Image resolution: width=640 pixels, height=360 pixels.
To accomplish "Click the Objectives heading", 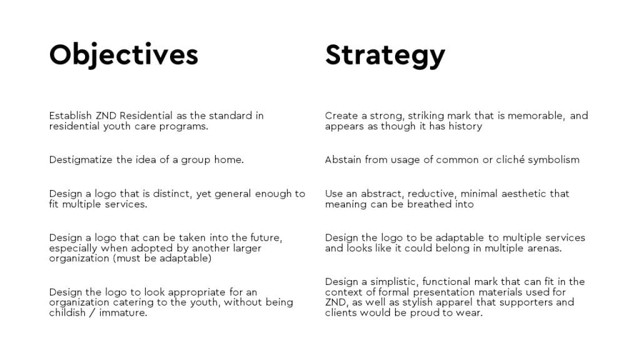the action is pos(124,55).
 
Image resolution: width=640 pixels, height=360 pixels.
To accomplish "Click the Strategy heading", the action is pos(385,56).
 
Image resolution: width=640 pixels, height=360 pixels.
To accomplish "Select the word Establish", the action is pos(70,116).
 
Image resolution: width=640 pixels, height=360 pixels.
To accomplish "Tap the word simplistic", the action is pos(394,282).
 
